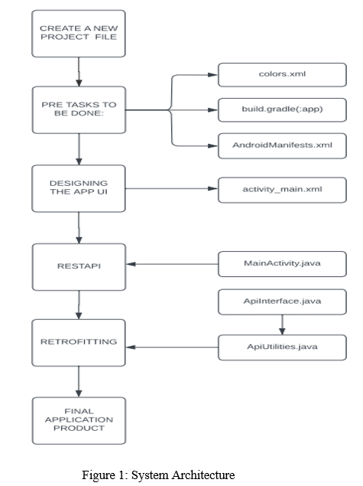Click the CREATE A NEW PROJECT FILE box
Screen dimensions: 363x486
(x=79, y=34)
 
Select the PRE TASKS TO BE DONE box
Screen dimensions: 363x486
(x=79, y=110)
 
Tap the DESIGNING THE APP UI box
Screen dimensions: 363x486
(x=79, y=188)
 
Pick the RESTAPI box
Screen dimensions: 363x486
(x=79, y=267)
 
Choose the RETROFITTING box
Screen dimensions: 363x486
(x=79, y=343)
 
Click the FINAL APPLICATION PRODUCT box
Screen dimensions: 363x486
(x=79, y=421)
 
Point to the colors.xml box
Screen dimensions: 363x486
(x=282, y=75)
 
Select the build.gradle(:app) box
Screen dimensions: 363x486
(x=282, y=110)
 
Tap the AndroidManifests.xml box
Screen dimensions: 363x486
(x=282, y=146)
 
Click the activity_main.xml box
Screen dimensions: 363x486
(x=282, y=190)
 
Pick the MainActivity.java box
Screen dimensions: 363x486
(x=282, y=264)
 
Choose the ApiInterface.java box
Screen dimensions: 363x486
(x=282, y=302)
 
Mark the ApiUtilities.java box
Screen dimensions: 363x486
(x=282, y=347)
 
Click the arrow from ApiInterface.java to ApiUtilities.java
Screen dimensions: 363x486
(x=282, y=325)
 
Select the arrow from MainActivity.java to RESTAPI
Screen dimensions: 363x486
(x=172, y=264)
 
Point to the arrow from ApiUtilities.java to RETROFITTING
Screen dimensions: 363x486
(x=172, y=347)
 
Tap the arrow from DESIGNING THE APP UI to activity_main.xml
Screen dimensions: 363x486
(x=172, y=188)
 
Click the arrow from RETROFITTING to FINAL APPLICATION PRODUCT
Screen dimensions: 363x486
(x=79, y=382)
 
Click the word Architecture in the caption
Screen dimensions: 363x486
(x=203, y=475)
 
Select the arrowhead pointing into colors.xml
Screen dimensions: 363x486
(x=212, y=75)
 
